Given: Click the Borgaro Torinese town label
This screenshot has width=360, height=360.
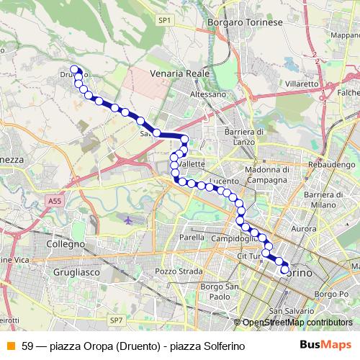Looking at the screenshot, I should coord(245,23).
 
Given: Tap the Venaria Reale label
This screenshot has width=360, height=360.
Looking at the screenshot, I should coord(179,73).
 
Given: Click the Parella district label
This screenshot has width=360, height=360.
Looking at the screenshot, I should coord(192,237).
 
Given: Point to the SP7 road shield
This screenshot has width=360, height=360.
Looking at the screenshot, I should coord(117,320).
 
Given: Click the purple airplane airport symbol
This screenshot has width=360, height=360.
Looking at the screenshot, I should coord(127,220).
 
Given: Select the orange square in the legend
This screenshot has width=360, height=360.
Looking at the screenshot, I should coord(9,346).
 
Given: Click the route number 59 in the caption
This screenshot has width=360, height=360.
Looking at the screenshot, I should coord(27,346).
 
